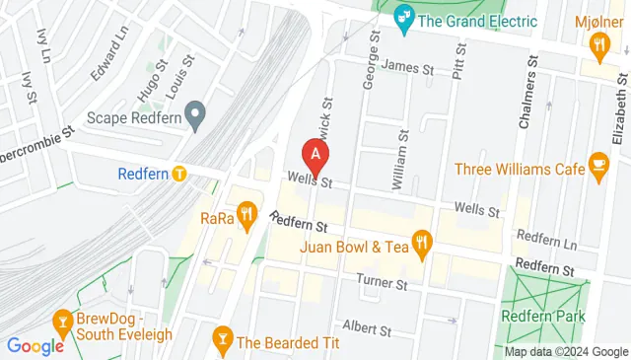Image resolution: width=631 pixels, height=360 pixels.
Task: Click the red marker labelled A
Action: click(315, 155)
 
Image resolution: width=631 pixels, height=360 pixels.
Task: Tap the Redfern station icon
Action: click(178, 174)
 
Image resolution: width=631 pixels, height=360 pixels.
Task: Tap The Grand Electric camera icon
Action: click(402, 17)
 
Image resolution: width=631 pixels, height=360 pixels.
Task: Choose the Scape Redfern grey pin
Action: click(195, 115)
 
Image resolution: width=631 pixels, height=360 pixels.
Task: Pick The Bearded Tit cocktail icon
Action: click(222, 341)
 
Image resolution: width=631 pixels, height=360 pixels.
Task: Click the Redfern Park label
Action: click(542, 316)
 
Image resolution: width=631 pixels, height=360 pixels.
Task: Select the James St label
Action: click(407, 68)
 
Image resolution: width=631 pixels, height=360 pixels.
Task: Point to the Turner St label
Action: click(383, 284)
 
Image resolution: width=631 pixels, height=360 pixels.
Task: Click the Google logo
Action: click(35, 345)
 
